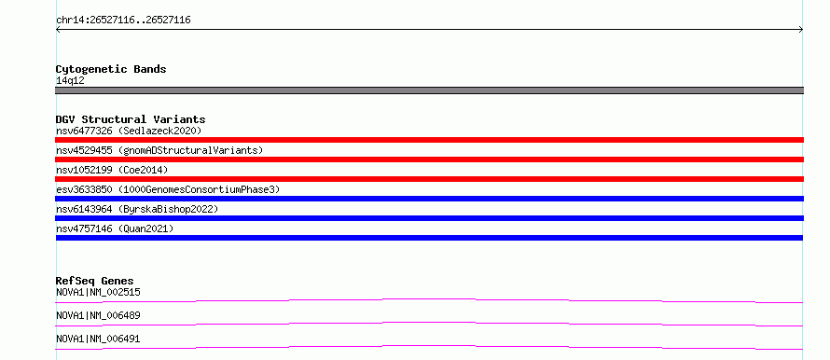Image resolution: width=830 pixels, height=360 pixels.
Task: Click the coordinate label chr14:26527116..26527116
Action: pyautogui.click(x=123, y=21)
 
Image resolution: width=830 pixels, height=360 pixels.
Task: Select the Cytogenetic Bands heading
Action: pyautogui.click(x=111, y=69)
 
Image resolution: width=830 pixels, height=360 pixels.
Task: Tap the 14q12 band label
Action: pyautogui.click(x=70, y=81)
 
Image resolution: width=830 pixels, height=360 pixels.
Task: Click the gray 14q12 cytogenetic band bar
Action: pyautogui.click(x=429, y=90)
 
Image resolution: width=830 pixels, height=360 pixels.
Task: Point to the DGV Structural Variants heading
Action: pyautogui.click(x=131, y=119)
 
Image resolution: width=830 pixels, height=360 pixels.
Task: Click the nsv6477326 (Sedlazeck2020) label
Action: pyautogui.click(x=129, y=131)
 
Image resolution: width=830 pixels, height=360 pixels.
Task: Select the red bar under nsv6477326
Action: pyautogui.click(x=429, y=140)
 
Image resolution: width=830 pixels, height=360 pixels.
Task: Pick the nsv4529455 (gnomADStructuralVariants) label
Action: pyautogui.click(x=159, y=150)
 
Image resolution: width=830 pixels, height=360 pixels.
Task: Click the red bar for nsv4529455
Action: pyautogui.click(x=429, y=159)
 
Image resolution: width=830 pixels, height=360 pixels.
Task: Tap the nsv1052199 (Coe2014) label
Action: pyautogui.click(x=112, y=170)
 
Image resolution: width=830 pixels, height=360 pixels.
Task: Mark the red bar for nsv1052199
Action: pyautogui.click(x=429, y=179)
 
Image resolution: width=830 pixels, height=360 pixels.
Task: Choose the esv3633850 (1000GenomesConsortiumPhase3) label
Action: pyautogui.click(x=168, y=189)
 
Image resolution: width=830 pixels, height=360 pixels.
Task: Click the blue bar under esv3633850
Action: pyautogui.click(x=429, y=199)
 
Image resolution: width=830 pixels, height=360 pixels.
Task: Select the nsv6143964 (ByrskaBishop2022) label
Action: pyautogui.click(x=137, y=209)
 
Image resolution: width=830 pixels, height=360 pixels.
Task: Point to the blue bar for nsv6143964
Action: pyautogui.click(x=429, y=218)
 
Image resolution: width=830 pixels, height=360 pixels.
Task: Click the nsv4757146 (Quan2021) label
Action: pyautogui.click(x=115, y=228)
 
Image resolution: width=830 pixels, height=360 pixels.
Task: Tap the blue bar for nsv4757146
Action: pyautogui.click(x=429, y=238)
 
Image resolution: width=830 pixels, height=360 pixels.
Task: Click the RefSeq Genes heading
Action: pyautogui.click(x=95, y=281)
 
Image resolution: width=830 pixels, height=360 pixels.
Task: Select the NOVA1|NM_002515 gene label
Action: pyautogui.click(x=98, y=292)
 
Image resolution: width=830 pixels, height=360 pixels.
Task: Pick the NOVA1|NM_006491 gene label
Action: pyautogui.click(x=98, y=339)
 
